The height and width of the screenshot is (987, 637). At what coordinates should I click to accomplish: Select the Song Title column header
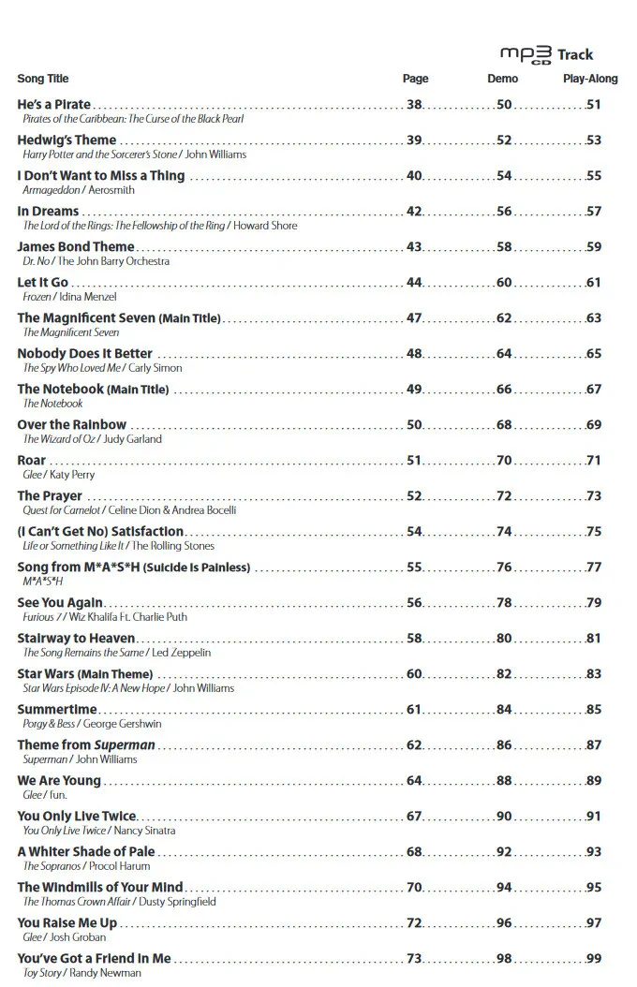(43, 79)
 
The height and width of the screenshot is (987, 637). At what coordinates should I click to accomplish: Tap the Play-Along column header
(590, 79)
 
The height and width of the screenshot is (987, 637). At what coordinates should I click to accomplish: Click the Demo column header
(503, 79)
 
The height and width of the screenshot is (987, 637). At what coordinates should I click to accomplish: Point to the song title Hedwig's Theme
(67, 140)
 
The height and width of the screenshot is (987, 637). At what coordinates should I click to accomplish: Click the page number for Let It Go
(414, 283)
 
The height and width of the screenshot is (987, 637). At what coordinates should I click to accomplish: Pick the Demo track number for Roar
(504, 461)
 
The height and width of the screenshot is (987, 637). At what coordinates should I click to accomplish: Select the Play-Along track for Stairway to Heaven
(594, 639)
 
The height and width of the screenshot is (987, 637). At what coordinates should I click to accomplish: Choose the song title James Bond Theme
(76, 247)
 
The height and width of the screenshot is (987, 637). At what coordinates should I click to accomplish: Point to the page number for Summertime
(414, 710)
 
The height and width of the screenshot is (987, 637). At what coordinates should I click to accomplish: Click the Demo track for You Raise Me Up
(504, 923)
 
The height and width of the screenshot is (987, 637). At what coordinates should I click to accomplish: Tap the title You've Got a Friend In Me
(95, 959)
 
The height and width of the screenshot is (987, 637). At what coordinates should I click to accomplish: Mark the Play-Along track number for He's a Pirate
(594, 105)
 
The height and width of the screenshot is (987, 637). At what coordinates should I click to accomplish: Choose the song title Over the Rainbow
(72, 425)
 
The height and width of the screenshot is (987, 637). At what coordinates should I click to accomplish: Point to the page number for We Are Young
(414, 781)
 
